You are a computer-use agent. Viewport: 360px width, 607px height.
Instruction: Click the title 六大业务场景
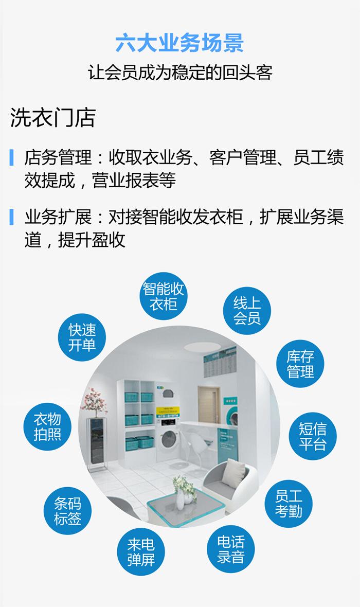179,43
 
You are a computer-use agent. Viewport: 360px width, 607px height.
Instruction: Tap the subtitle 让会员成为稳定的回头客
179,73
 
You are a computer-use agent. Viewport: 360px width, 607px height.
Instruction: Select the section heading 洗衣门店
53,118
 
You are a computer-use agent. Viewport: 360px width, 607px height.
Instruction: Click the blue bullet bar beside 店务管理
11,158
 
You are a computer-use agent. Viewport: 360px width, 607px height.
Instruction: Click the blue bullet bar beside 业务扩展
11,217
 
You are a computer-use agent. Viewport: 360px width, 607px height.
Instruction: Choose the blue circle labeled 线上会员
247,310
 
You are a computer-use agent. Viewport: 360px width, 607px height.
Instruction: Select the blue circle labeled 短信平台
312,436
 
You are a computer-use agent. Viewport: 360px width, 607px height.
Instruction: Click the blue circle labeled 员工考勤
289,503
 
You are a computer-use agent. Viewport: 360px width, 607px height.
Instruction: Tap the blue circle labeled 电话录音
230,549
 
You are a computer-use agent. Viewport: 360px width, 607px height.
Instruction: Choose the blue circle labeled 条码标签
68,510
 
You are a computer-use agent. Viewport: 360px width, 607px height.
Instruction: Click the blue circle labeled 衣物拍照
47,426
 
